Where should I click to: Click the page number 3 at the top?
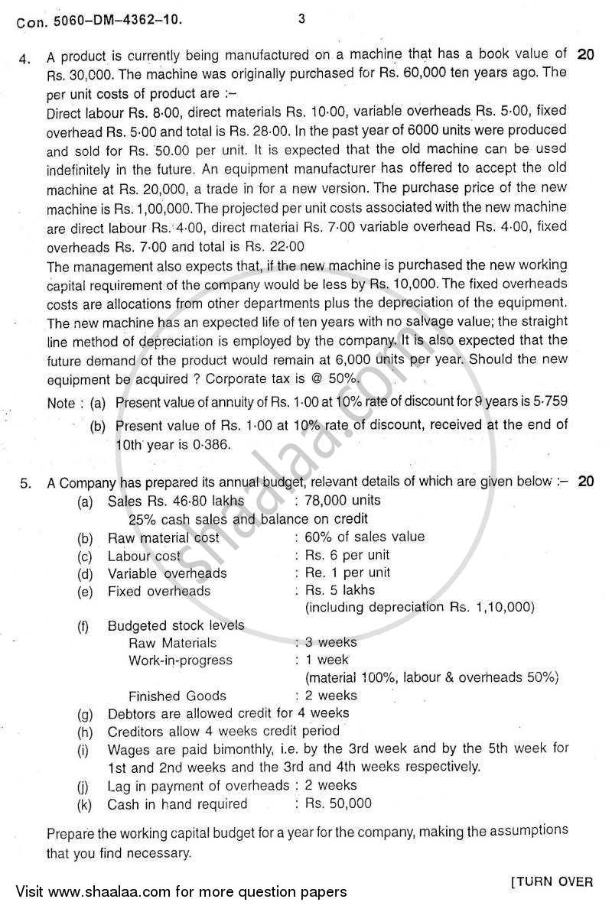[x=301, y=20]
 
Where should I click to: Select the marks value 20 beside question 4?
[x=586, y=54]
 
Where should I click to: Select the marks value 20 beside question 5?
[x=586, y=482]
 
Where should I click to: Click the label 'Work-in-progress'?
[x=181, y=660]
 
